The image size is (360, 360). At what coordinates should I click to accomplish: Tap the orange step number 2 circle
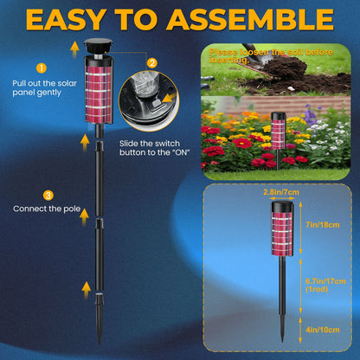tap(152, 63)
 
